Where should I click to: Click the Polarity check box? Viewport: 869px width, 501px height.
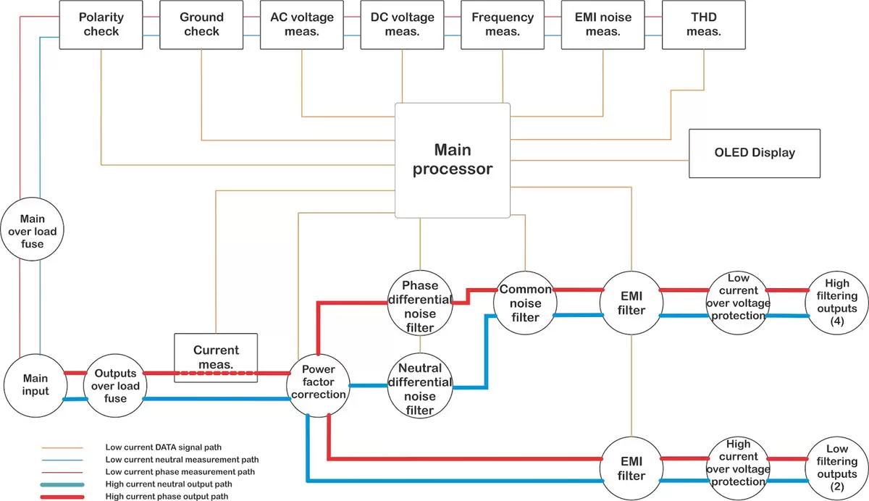pos(101,25)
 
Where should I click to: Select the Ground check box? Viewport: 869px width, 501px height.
pos(201,25)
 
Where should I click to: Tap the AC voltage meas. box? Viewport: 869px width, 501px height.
pos(302,25)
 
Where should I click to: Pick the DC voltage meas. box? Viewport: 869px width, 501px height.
pos(402,25)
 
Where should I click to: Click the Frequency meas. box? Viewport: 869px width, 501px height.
pos(503,25)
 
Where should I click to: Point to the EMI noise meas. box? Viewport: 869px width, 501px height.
pos(603,25)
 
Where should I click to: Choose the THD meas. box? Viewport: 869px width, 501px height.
pos(703,25)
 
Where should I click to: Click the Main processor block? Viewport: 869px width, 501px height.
pos(453,160)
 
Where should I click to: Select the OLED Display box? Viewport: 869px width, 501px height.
pos(754,153)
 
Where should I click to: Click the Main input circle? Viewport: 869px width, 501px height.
pos(35,386)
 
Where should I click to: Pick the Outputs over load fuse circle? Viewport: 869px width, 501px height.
pos(115,386)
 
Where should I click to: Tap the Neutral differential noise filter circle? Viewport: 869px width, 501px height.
pos(420,389)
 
